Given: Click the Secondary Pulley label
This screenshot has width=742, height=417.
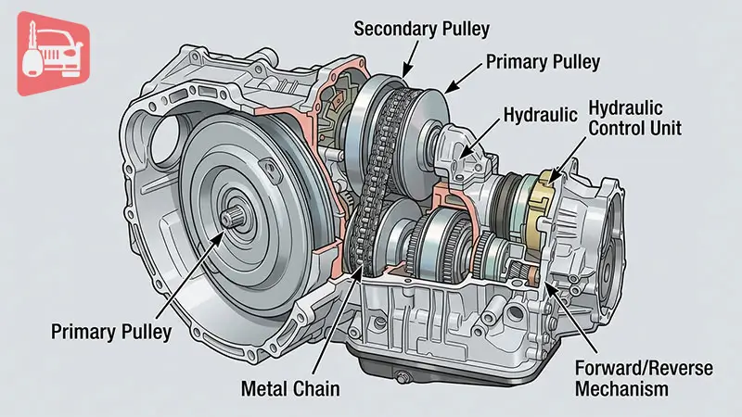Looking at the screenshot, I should click(x=422, y=28).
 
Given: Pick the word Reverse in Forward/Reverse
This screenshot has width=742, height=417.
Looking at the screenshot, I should click(x=679, y=368).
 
